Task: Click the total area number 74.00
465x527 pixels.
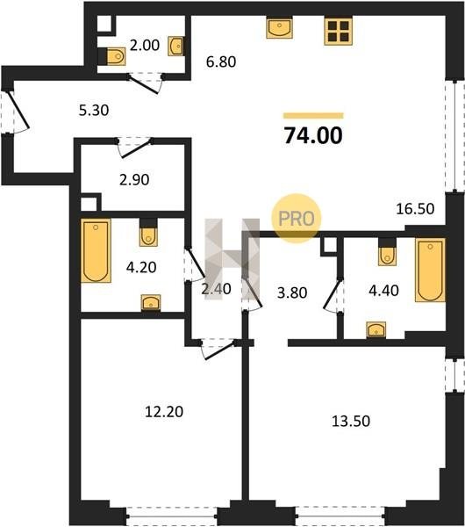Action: [x=313, y=136]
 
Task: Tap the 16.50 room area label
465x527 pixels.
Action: [x=415, y=209]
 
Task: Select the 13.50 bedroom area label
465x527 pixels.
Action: [x=351, y=421]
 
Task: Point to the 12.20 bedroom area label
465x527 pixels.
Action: [x=164, y=412]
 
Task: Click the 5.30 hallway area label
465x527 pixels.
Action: [x=94, y=111]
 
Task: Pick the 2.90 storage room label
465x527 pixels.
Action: [x=134, y=180]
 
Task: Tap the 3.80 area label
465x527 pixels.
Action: [x=292, y=292]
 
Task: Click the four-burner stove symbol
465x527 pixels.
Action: [x=338, y=32]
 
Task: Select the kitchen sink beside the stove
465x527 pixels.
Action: [x=279, y=28]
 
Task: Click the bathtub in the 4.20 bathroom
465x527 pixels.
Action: [x=96, y=250]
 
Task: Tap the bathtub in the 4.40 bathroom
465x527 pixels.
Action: [x=430, y=270]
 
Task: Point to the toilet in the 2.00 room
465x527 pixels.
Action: [x=116, y=56]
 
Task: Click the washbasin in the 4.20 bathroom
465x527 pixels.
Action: [x=151, y=302]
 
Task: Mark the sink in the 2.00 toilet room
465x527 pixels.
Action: [x=175, y=46]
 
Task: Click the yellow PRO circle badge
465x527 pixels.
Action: [x=297, y=219]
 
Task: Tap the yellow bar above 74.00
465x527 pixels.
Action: [x=313, y=116]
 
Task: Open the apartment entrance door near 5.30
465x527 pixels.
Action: [x=18, y=111]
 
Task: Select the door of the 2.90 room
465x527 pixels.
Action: [x=134, y=148]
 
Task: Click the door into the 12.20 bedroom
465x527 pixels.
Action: [x=218, y=350]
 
